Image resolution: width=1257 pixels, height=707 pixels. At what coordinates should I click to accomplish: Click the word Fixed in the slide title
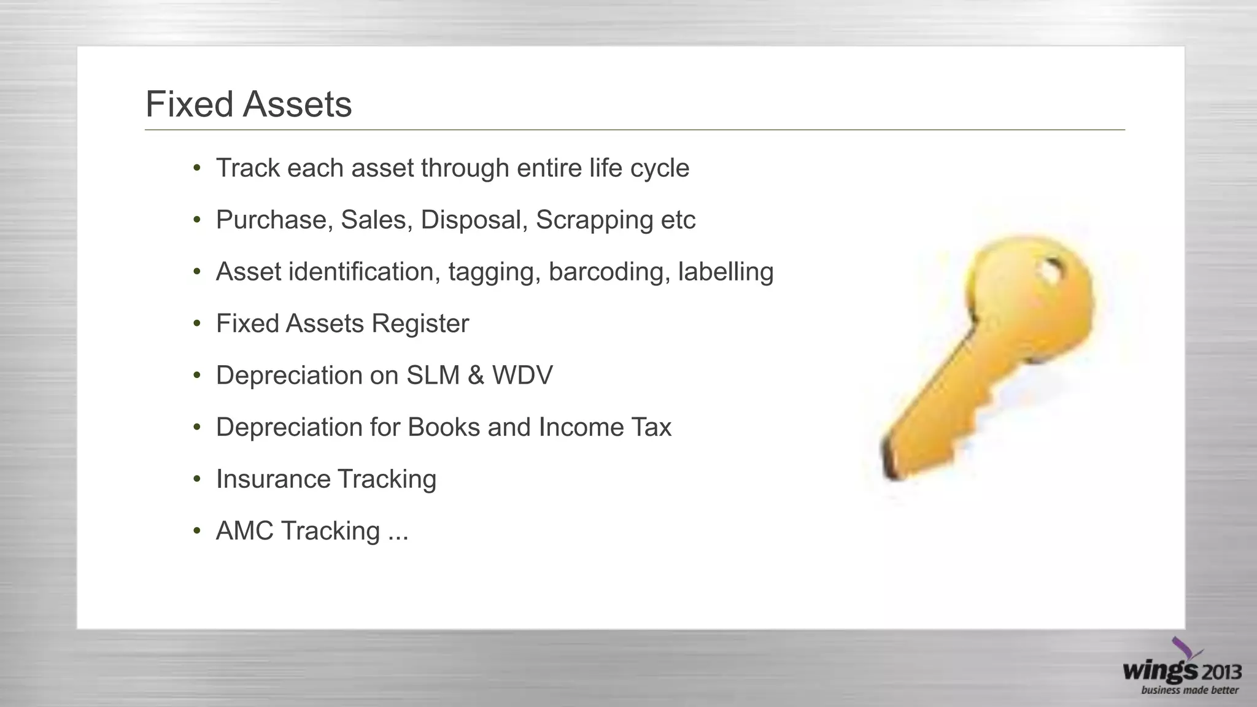190,104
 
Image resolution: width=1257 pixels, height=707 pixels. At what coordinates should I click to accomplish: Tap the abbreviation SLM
433,376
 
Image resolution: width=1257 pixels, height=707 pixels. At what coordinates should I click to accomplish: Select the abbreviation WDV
522,376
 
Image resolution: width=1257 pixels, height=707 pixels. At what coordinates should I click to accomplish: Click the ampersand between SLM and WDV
476,376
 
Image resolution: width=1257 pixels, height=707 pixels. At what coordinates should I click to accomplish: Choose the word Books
443,427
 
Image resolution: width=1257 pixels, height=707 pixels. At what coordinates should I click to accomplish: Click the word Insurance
273,479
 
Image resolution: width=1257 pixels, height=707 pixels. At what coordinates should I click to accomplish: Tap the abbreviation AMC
244,531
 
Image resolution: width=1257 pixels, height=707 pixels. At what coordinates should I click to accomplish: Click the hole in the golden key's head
1050,271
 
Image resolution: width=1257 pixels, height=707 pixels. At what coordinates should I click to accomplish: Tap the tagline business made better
1189,690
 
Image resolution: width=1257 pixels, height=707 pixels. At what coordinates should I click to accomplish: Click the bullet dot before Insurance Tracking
196,479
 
